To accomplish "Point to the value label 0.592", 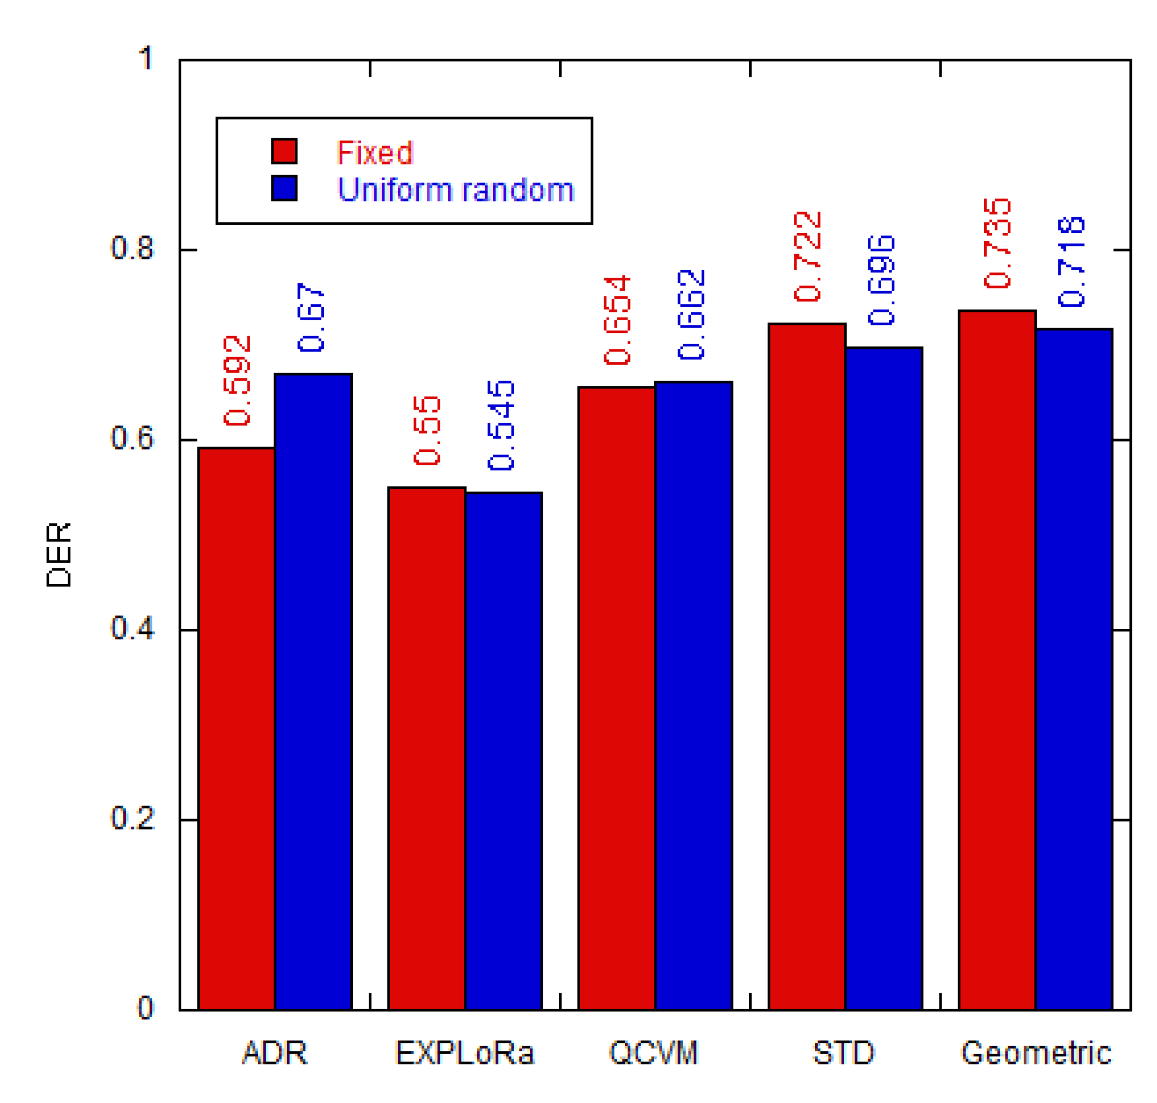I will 237,380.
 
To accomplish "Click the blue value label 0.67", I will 311,317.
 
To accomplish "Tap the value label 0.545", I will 501,425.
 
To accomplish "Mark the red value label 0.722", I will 807,256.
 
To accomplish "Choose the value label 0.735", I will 997,244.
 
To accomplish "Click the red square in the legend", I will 284,151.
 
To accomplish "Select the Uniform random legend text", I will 455,189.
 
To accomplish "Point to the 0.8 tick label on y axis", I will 131,248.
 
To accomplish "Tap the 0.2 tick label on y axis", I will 131,818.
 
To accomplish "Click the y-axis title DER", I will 59,554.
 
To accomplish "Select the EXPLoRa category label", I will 464,1053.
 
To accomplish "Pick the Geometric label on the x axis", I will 1036,1053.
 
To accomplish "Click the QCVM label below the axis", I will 653,1053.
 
